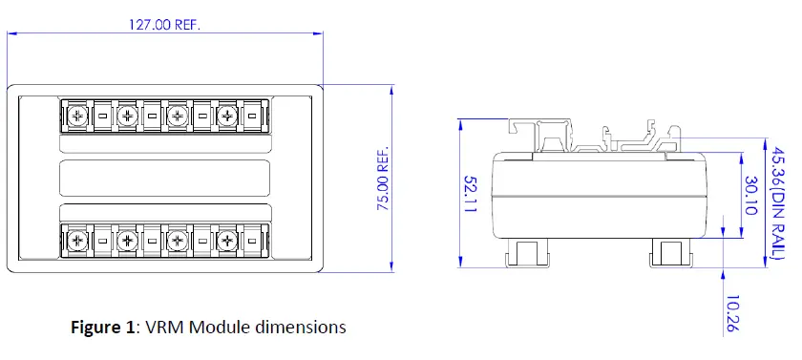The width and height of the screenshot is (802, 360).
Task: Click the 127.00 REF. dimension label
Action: coord(164,26)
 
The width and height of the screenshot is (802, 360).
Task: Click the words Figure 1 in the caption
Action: coord(104,328)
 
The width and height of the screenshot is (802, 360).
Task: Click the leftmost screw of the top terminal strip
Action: coord(75,116)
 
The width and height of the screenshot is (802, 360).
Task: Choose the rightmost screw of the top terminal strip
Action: coord(226,116)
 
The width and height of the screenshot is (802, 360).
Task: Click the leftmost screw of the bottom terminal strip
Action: coord(75,239)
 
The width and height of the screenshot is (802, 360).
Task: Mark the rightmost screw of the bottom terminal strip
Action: coord(226,239)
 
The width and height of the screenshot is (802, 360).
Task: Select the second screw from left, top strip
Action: coord(126,116)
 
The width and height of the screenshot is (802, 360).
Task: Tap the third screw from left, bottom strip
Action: coord(177,239)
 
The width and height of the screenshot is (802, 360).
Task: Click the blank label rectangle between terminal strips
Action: coord(163,178)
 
